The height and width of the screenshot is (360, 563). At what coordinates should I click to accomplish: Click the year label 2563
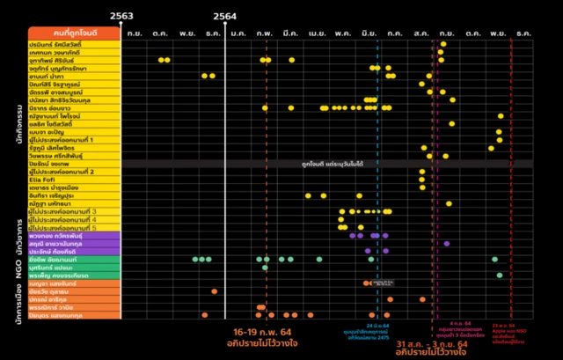pos(122,17)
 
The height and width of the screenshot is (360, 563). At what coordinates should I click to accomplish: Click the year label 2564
pos(224,17)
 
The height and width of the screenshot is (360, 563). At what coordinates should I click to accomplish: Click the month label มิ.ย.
pos(369,33)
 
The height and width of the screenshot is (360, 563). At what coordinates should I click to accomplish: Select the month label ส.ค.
pos(420,33)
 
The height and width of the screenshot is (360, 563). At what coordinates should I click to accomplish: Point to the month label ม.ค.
pos(238,33)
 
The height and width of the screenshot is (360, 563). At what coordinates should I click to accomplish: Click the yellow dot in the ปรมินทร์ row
pos(443,44)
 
